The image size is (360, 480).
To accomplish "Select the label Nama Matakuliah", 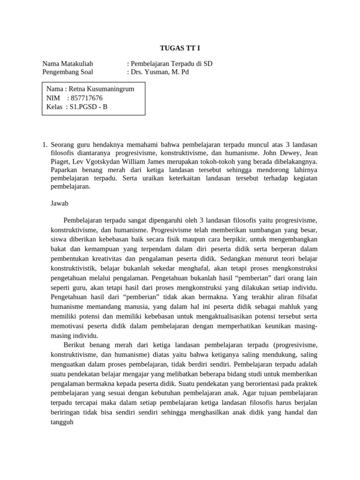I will click(x=67, y=64).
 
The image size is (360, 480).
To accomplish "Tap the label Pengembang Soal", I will click(x=67, y=72).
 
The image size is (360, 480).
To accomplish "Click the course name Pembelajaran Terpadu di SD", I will click(x=172, y=64).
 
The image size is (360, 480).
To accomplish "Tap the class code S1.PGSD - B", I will click(x=89, y=106).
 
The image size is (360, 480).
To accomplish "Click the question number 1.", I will click(x=45, y=144).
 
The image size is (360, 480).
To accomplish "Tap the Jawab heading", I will click(x=60, y=203).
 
